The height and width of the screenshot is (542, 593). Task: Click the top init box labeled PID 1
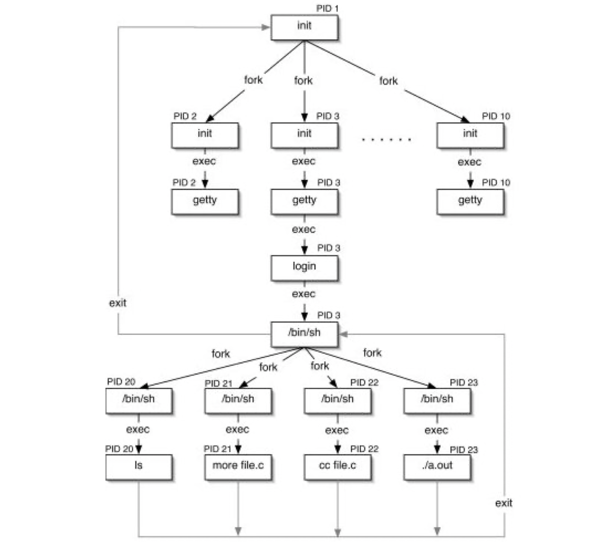(x=304, y=27)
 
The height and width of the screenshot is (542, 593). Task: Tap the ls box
(x=138, y=467)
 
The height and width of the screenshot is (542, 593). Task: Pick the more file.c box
(x=238, y=467)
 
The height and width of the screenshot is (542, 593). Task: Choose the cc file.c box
(x=337, y=467)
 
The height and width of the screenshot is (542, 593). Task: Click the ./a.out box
(x=437, y=467)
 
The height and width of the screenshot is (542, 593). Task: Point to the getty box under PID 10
(x=470, y=202)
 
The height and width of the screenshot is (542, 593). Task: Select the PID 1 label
(x=327, y=8)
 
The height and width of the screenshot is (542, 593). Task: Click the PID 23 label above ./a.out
(x=464, y=450)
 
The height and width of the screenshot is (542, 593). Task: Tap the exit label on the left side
(x=118, y=303)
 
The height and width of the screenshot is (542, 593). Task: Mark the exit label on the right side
(x=503, y=503)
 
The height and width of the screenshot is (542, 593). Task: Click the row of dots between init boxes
(x=386, y=139)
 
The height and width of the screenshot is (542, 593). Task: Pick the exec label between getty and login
(x=304, y=229)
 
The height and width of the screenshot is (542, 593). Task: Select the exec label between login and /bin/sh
(x=304, y=294)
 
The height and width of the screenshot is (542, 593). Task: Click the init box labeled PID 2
(x=205, y=135)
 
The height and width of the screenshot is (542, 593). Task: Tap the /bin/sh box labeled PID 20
(x=138, y=400)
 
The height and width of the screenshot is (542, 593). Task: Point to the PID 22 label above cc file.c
(x=364, y=449)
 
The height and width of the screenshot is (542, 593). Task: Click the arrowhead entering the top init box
(x=266, y=27)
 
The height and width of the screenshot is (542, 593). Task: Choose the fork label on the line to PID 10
(x=388, y=81)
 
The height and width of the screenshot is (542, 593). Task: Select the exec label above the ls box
(x=138, y=429)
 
